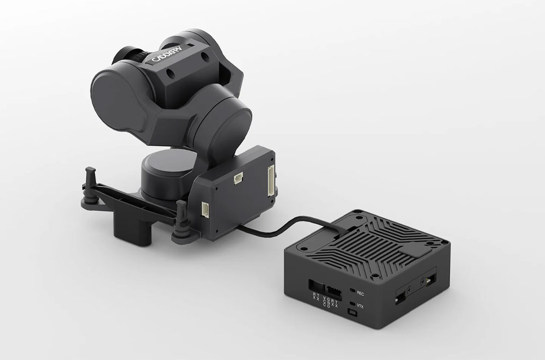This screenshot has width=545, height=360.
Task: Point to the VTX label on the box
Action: [x=360, y=307]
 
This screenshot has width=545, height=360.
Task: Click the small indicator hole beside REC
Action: [x=352, y=291]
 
